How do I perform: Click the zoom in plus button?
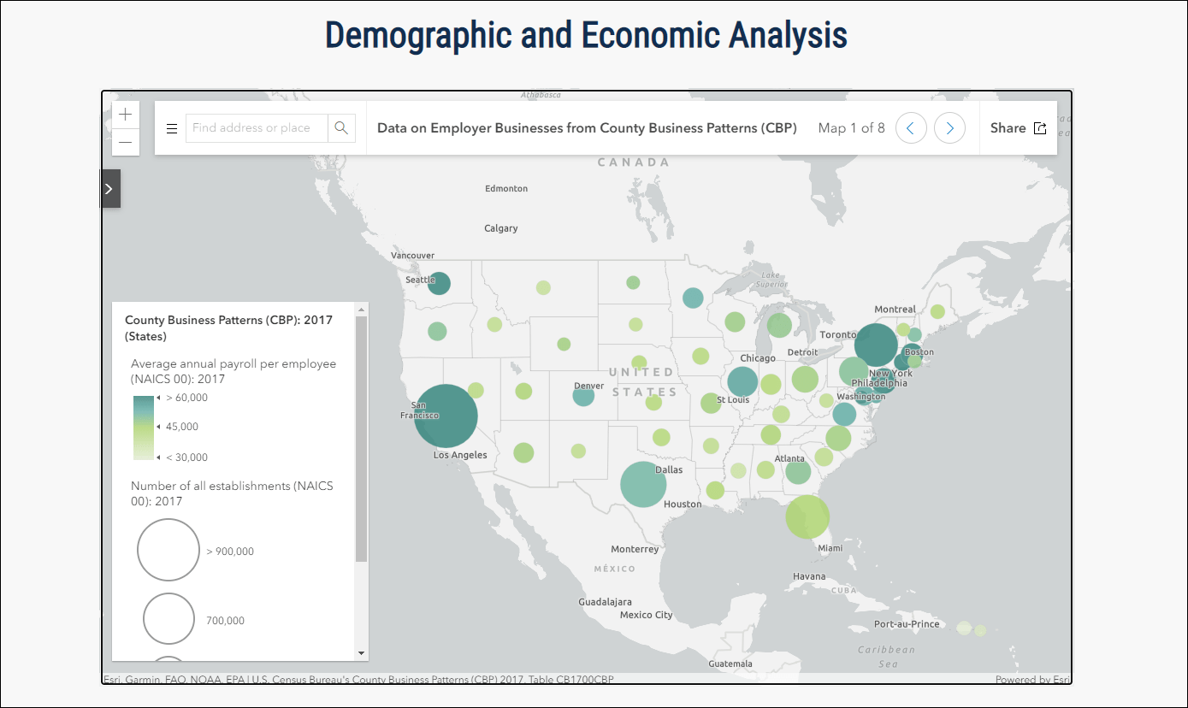[x=126, y=114]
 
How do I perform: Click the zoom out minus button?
[x=126, y=142]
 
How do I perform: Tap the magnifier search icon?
[x=341, y=128]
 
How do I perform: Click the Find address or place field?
[x=256, y=128]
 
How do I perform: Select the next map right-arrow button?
[x=949, y=128]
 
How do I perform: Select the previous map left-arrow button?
[x=911, y=128]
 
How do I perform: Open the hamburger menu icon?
[x=171, y=128]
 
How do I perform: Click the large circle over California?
[x=446, y=416]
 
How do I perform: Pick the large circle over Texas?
[x=643, y=485]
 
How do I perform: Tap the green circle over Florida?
[x=807, y=516]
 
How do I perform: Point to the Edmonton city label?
[x=506, y=188]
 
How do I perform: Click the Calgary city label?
[x=501, y=228]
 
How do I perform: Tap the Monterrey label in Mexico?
[x=635, y=549]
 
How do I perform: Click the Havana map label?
[x=809, y=576]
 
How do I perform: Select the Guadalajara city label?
[x=605, y=602]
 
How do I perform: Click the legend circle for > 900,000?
[x=168, y=550]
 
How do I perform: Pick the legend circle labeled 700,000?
[x=169, y=618]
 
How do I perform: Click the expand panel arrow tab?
[x=109, y=189]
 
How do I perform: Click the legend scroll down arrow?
[x=361, y=652]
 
